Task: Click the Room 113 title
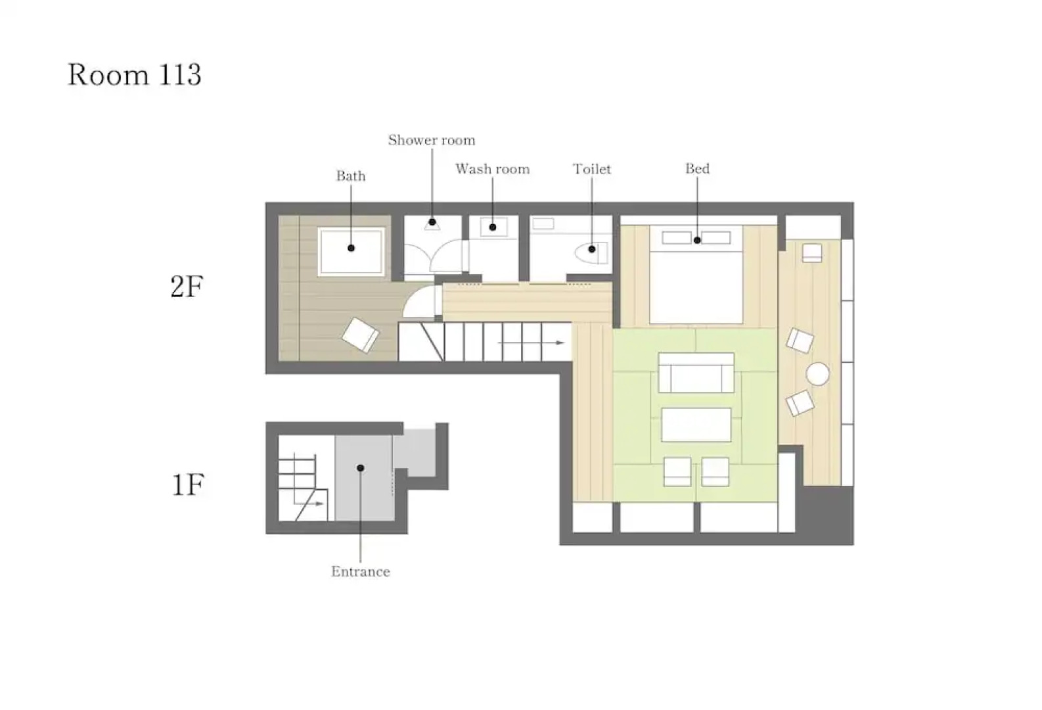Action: click(135, 74)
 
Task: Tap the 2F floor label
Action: click(187, 286)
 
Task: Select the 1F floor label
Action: click(188, 485)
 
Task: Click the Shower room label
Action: click(432, 140)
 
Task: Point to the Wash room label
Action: click(493, 168)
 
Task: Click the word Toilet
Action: click(592, 168)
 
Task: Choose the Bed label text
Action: click(697, 168)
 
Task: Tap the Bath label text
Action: click(351, 176)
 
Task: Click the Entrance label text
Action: click(361, 571)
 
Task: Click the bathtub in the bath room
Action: click(351, 252)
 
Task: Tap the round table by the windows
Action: click(817, 373)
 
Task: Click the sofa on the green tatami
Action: click(696, 373)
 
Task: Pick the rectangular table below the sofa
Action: click(696, 425)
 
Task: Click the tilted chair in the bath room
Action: click(361, 335)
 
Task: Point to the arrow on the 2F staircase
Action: click(531, 343)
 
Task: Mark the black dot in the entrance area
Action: click(361, 468)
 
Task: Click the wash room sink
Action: click(493, 227)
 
